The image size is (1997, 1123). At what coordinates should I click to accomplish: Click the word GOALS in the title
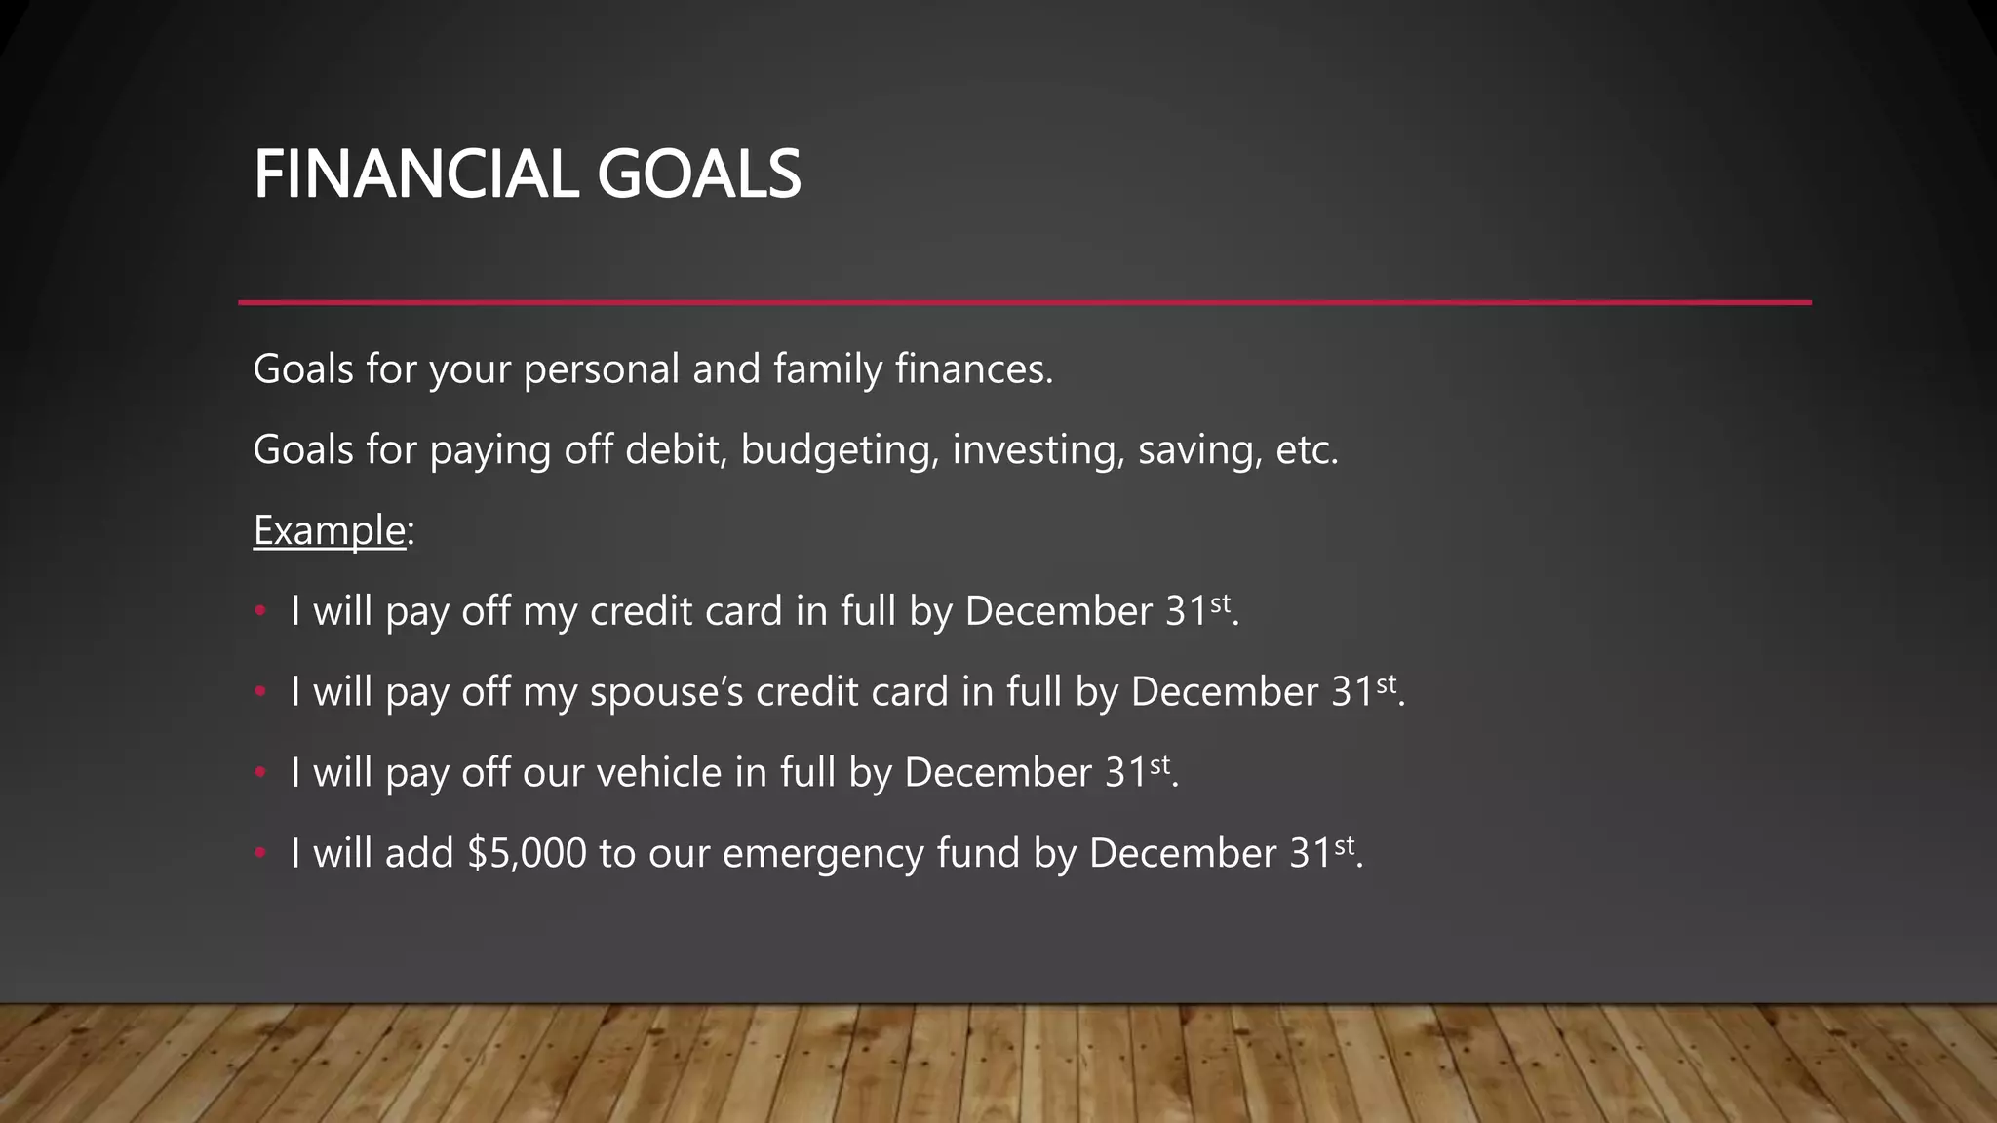click(698, 174)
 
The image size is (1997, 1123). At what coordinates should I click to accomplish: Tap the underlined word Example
click(329, 530)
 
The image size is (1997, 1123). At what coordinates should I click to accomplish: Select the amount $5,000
click(527, 854)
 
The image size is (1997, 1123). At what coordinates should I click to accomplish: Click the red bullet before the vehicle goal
click(260, 773)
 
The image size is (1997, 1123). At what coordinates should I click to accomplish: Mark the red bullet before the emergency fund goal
click(260, 854)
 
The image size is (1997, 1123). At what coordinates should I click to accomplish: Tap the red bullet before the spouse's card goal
click(260, 692)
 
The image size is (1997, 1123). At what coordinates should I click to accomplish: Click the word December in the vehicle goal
click(998, 773)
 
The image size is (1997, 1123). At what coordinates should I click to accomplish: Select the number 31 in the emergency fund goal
click(1311, 854)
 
